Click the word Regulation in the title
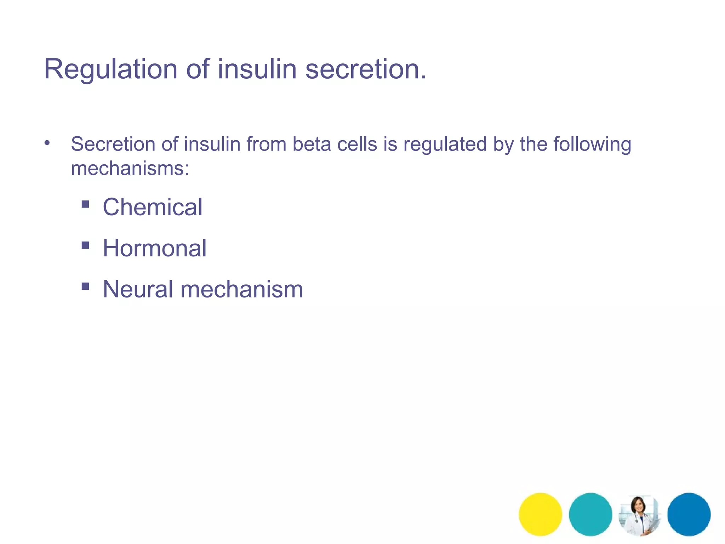coord(110,69)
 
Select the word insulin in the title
coord(257,69)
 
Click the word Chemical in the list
coord(153,207)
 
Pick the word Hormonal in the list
coord(155,248)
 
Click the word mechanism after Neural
coord(242,289)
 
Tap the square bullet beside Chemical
coord(85,204)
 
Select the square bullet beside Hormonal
coord(85,245)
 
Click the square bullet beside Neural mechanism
coord(85,286)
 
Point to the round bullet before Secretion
coord(47,143)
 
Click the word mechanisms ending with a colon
coord(130,169)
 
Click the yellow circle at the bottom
coord(540,514)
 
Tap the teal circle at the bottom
coord(590,514)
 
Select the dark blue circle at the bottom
coord(689,514)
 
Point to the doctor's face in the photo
coord(638,505)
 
